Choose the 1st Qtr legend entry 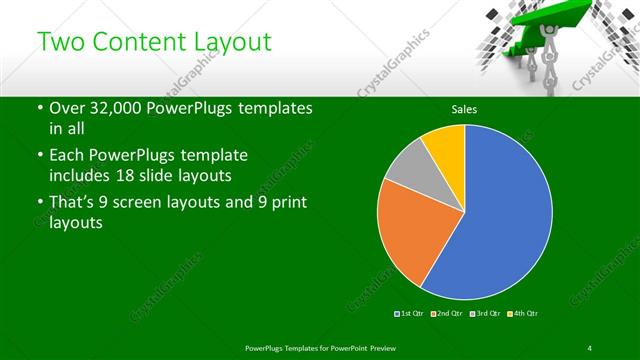coord(410,314)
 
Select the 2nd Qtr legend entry coord(446,314)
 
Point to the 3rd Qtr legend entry coord(484,314)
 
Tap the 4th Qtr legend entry coord(524,314)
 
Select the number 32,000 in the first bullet coord(118,108)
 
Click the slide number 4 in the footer coord(590,347)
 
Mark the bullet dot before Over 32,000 coord(39,108)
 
